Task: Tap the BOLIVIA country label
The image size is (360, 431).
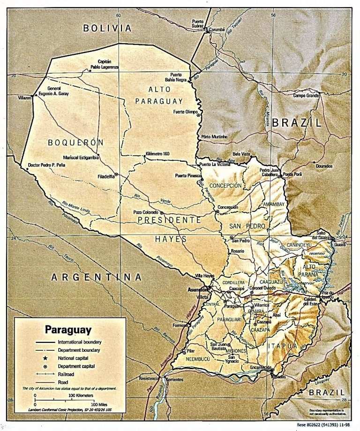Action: [107, 28]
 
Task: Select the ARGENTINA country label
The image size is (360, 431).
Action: [96, 277]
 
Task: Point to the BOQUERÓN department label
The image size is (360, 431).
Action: [75, 142]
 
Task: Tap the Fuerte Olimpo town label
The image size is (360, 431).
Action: [185, 112]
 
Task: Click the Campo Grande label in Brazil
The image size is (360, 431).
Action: [306, 96]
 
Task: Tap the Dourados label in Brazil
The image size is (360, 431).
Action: [324, 166]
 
